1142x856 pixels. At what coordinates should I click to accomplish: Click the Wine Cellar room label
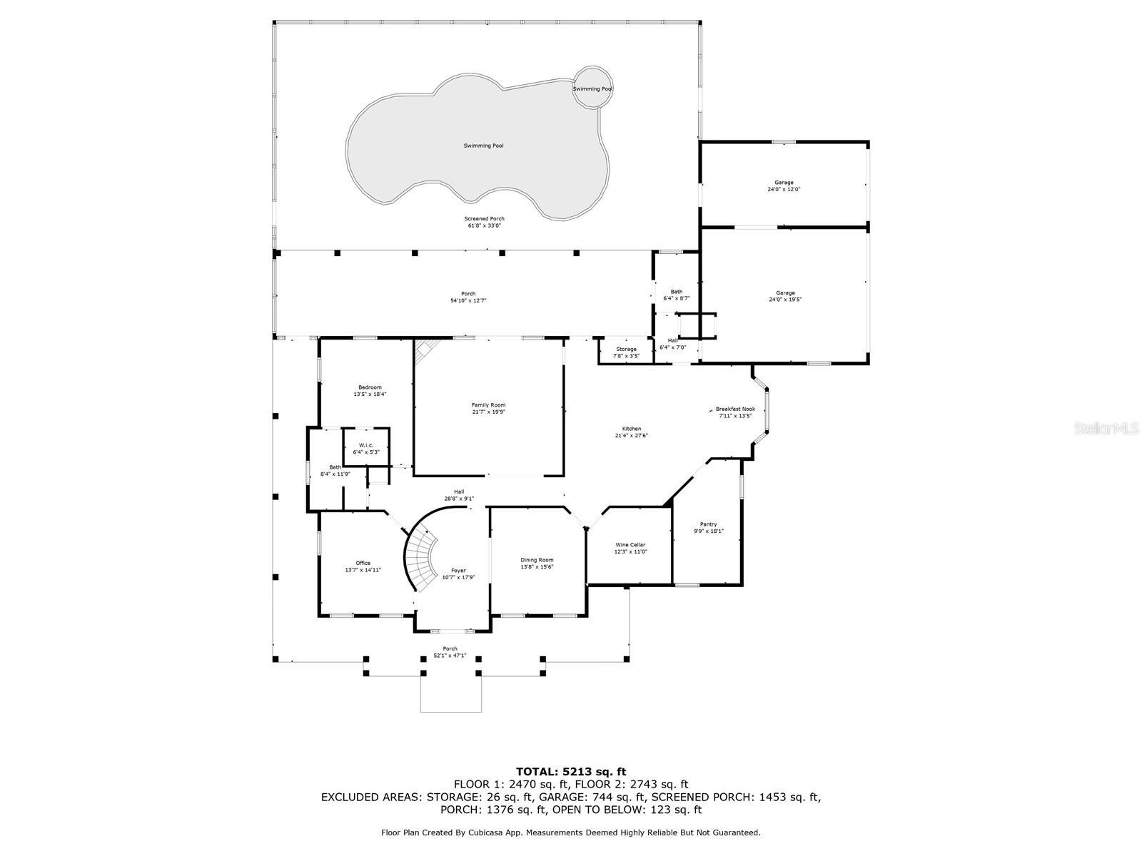click(630, 545)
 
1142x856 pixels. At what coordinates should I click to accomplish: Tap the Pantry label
click(708, 524)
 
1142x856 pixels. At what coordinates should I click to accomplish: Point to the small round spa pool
click(593, 88)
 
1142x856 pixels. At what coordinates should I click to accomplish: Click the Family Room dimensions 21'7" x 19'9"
click(488, 412)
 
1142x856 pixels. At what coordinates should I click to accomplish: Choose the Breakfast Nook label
click(735, 409)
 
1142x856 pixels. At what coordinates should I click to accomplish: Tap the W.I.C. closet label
click(365, 445)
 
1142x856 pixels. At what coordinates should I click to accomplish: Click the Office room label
click(363, 563)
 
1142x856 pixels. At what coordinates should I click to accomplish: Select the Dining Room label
click(537, 560)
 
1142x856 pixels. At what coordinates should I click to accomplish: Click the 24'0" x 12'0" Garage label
click(784, 183)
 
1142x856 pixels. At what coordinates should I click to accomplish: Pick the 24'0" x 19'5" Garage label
click(784, 293)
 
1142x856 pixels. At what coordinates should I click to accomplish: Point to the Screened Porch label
click(484, 219)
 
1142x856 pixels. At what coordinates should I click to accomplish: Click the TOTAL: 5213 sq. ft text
click(570, 771)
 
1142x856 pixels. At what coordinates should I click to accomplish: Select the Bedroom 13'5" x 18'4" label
click(370, 387)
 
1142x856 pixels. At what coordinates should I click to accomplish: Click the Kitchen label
click(631, 429)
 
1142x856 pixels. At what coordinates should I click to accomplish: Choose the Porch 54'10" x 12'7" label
click(468, 294)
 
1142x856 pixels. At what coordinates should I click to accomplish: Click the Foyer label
click(458, 570)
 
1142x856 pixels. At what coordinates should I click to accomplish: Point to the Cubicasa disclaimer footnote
click(570, 832)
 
